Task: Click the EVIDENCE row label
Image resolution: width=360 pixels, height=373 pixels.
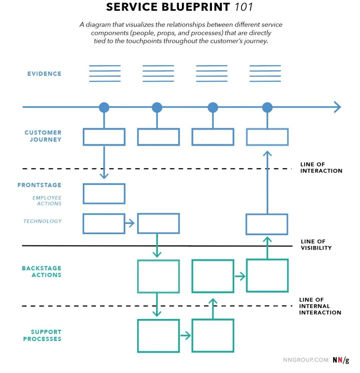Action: pyautogui.click(x=44, y=74)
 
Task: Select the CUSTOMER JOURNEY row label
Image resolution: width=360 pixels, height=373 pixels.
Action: pyautogui.click(x=43, y=136)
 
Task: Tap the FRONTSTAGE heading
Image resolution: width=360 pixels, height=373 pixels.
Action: pyautogui.click(x=39, y=185)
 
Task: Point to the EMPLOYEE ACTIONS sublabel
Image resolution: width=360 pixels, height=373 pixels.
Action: pyautogui.click(x=47, y=201)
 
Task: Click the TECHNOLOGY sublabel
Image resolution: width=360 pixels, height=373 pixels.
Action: pyautogui.click(x=42, y=221)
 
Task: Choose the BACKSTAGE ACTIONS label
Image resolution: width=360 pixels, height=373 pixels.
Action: pyautogui.click(x=42, y=272)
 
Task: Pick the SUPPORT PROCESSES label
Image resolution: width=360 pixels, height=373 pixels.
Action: pyautogui.click(x=42, y=335)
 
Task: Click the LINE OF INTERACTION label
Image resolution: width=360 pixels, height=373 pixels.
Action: pyautogui.click(x=321, y=167)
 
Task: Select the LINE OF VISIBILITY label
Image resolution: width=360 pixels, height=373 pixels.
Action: pyautogui.click(x=316, y=245)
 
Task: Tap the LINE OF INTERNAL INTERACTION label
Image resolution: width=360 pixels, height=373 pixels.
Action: pyautogui.click(x=320, y=306)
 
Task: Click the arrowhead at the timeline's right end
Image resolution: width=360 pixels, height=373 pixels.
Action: pyautogui.click(x=337, y=107)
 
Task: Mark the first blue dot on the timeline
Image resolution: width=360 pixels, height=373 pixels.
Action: pyautogui.click(x=104, y=107)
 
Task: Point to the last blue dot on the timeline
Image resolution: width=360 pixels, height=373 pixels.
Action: pyautogui.click(x=267, y=107)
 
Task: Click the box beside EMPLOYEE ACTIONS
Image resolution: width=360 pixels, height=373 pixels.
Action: pyautogui.click(x=104, y=194)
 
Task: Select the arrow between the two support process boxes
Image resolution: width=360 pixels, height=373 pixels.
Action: pyautogui.click(x=185, y=335)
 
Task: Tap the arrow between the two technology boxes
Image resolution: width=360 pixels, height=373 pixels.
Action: pyautogui.click(x=130, y=223)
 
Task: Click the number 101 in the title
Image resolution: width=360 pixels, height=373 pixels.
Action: pyautogui.click(x=244, y=7)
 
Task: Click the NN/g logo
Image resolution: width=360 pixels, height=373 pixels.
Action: pyautogui.click(x=341, y=360)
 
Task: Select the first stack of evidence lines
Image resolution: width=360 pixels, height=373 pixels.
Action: pyautogui.click(x=105, y=73)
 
